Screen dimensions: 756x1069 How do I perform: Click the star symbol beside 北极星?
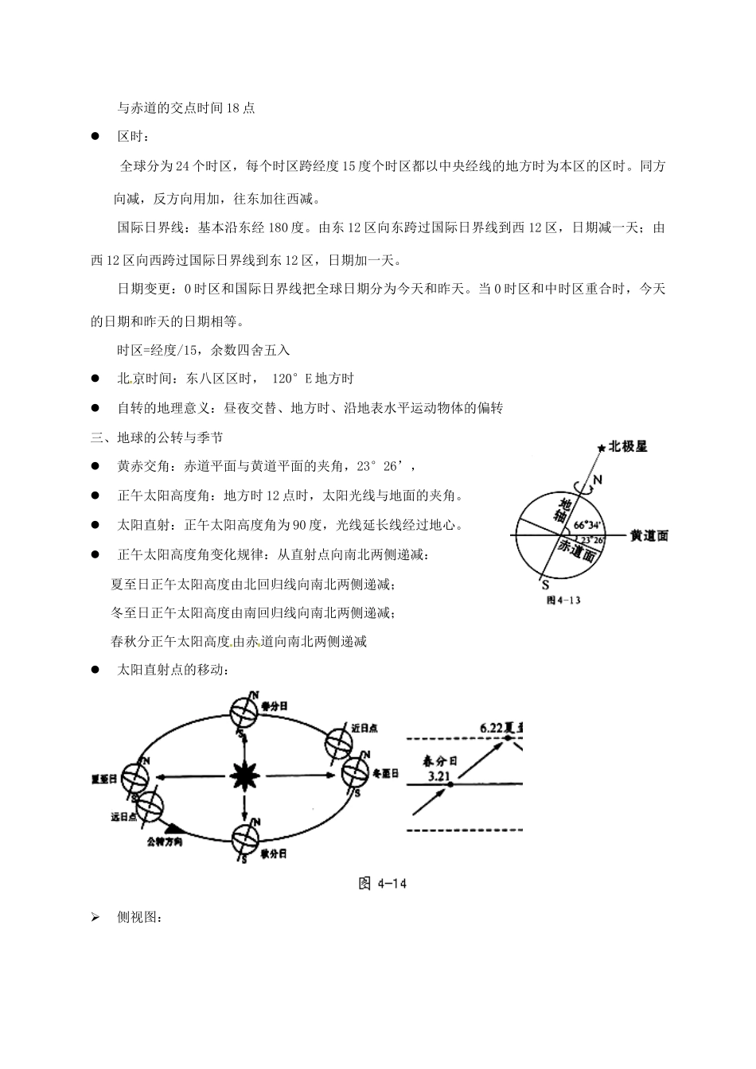[602, 448]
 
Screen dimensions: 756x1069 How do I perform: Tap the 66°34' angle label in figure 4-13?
[586, 524]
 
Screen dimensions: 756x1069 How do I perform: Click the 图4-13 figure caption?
[563, 601]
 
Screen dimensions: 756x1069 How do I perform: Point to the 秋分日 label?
[273, 853]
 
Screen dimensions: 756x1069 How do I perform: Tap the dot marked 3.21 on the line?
[450, 784]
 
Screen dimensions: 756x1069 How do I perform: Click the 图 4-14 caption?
[383, 884]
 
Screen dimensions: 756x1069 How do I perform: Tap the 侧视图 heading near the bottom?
[139, 918]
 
